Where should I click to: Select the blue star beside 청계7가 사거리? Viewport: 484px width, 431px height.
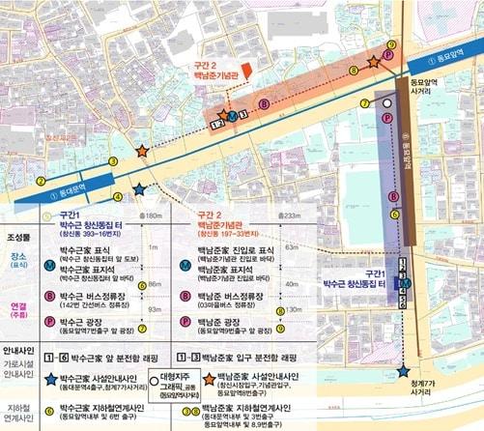click(402, 371)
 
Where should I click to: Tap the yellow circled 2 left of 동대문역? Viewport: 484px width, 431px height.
click(14, 180)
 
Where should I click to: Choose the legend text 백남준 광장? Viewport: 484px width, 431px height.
click(218, 320)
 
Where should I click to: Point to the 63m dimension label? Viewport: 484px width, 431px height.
click(289, 248)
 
